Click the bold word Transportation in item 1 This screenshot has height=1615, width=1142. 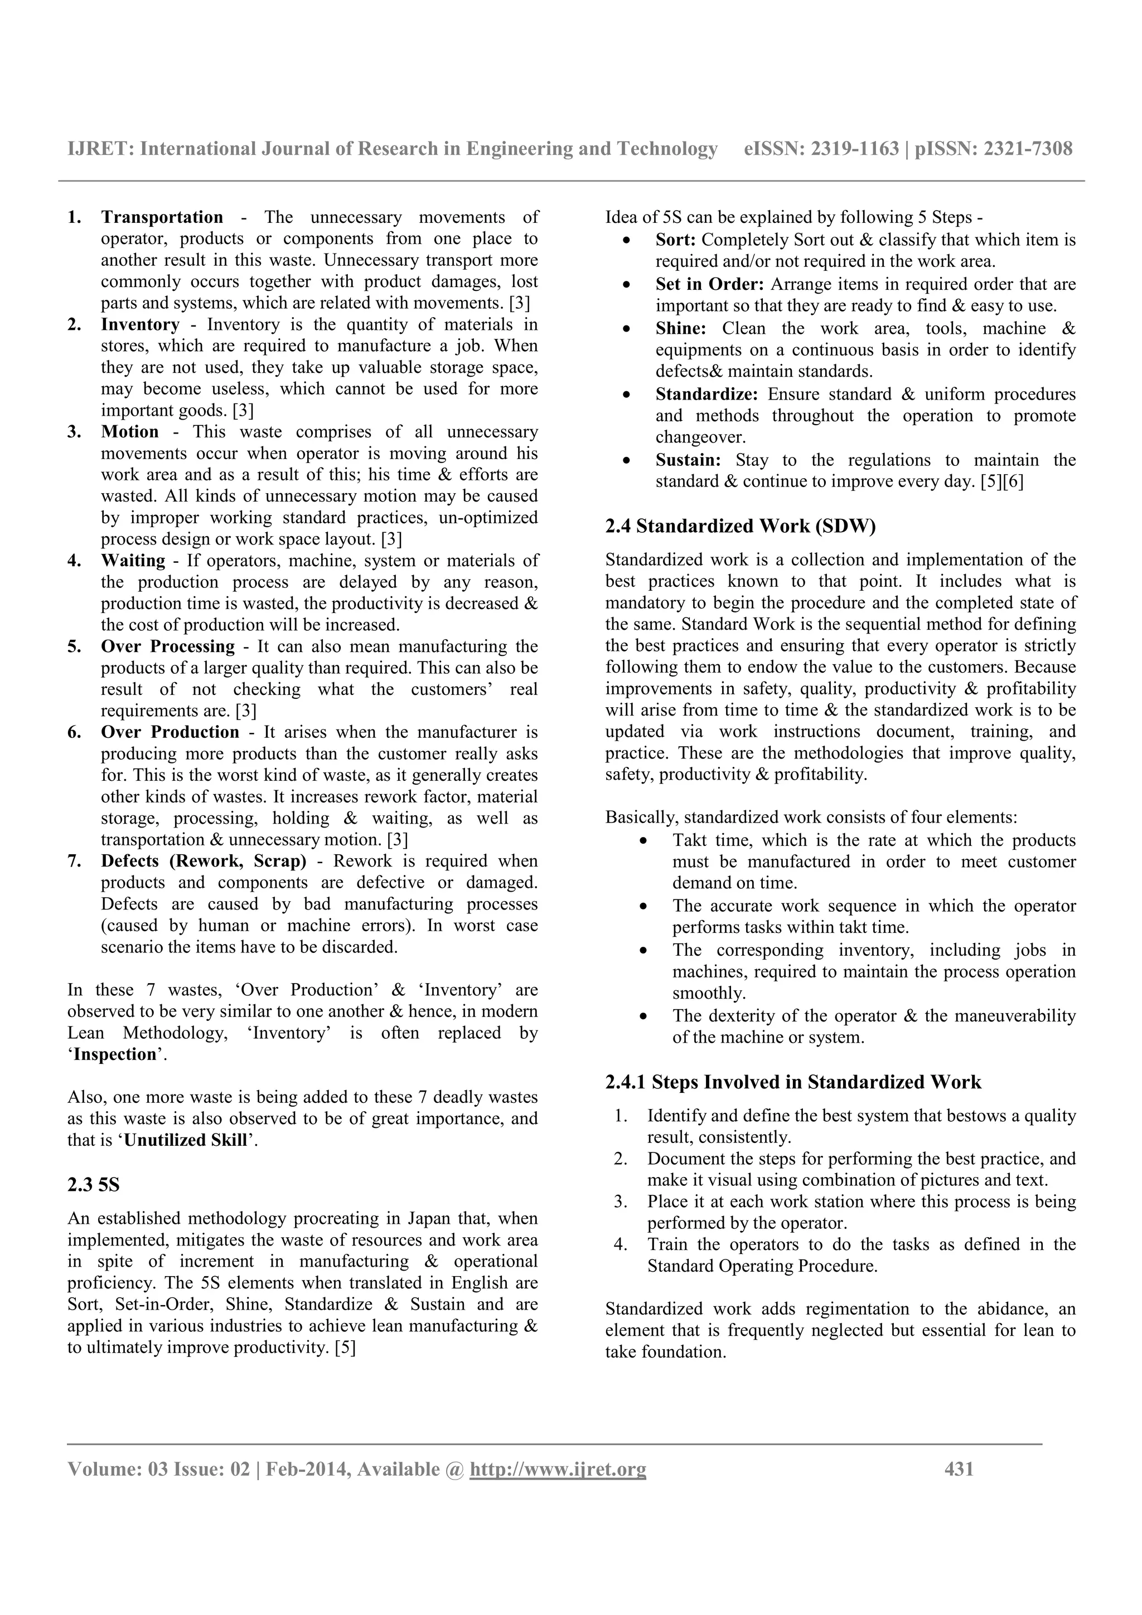(162, 217)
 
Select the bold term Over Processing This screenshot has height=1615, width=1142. (167, 646)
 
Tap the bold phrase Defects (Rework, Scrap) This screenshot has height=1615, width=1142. (204, 861)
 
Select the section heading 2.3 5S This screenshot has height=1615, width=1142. (94, 1185)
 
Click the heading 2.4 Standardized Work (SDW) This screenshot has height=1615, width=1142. (740, 527)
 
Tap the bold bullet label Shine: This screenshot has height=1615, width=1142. (680, 328)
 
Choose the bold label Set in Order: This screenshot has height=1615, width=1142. (709, 284)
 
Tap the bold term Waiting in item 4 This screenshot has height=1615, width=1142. (133, 561)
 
